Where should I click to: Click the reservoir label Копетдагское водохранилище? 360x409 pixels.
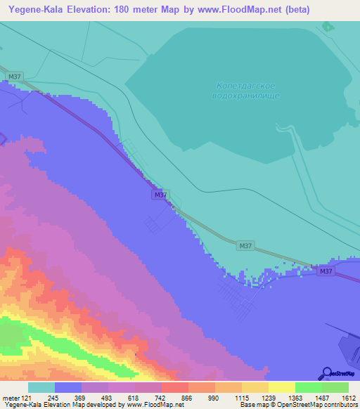(245, 90)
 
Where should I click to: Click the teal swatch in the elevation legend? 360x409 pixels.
(41, 387)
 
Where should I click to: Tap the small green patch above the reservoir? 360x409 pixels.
(327, 27)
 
